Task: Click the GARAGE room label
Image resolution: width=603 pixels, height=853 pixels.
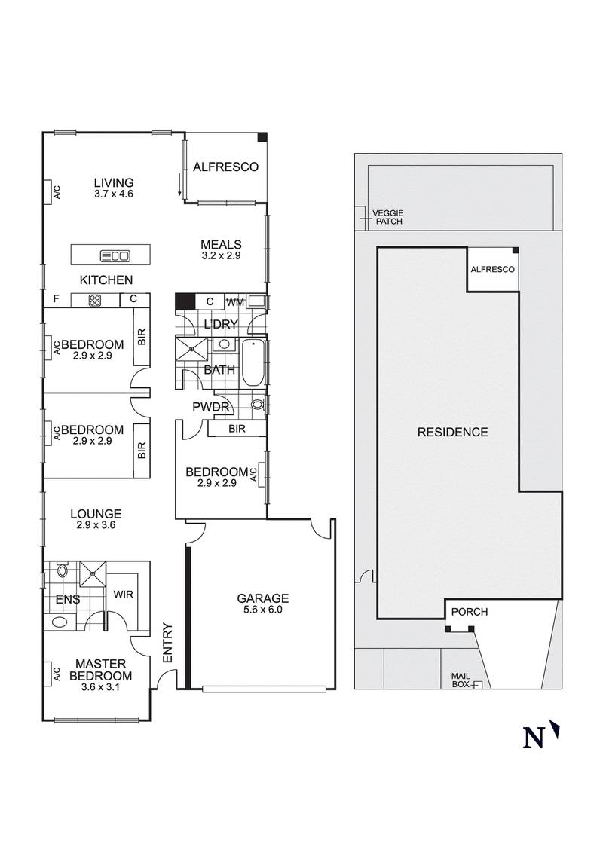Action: coord(262,598)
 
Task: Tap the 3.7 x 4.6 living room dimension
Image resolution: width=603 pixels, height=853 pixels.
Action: coord(114,194)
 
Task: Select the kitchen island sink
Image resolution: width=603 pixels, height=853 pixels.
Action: coord(115,255)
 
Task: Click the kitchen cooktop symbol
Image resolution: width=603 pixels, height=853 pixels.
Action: coord(95,300)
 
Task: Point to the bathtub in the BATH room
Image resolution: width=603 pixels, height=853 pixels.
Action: coord(252,362)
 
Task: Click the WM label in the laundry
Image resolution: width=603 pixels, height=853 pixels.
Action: coord(235,302)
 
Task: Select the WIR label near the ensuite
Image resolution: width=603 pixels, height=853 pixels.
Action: coord(124,594)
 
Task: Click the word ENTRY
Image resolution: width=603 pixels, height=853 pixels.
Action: coord(167,643)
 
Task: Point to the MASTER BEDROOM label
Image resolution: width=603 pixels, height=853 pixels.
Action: coord(101,670)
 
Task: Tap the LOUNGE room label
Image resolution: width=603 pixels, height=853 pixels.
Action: coord(96,514)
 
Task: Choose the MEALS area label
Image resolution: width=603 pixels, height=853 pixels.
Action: coord(221,244)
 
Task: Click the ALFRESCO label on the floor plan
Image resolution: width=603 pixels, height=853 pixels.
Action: coord(226,167)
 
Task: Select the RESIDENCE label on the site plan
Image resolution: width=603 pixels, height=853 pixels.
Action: coord(453,432)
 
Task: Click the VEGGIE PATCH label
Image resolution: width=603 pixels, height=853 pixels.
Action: coord(388,218)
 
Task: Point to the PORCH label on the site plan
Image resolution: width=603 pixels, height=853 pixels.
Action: coord(470,611)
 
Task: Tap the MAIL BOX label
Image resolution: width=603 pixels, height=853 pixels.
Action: coord(461,680)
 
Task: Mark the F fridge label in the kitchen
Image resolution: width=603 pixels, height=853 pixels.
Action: coord(56,298)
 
